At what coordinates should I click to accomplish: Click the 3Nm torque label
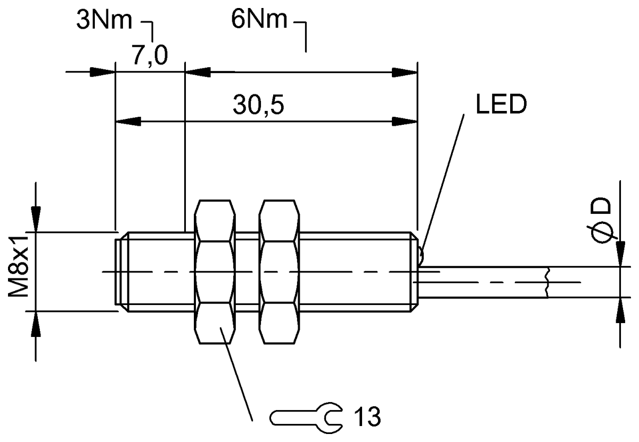coord(104,21)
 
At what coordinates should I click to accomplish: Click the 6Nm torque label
coord(259,19)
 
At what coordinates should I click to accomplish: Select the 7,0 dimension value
coord(150,55)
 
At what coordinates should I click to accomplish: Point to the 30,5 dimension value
coord(258,105)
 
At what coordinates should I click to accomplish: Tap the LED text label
coord(501,105)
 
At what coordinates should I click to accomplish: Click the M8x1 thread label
coord(18,267)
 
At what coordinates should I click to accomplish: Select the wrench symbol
coord(306,418)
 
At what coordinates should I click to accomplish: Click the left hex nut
coord(215,272)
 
